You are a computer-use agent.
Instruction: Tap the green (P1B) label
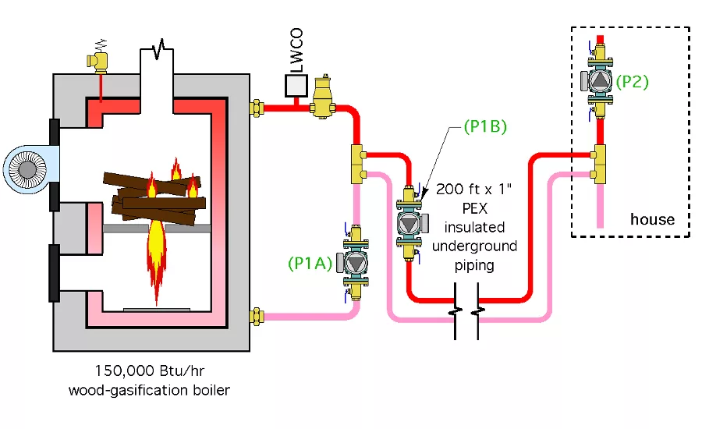pos(484,126)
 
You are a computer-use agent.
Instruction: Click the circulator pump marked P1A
pos(355,264)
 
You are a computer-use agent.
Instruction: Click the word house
pos(652,218)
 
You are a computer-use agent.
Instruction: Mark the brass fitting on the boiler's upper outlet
pos(257,106)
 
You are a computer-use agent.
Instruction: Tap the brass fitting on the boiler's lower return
pos(257,316)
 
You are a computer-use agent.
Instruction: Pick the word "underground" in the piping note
pos(476,246)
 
